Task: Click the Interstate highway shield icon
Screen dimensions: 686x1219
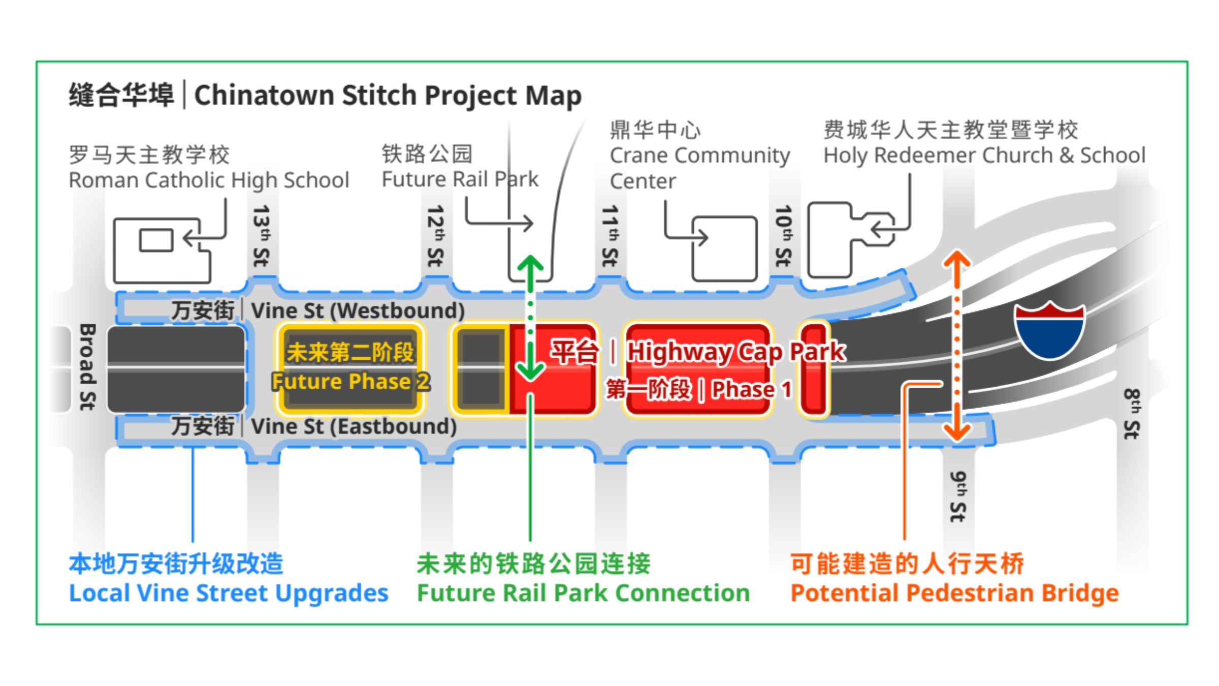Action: point(1049,330)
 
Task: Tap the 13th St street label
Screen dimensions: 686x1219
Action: point(262,236)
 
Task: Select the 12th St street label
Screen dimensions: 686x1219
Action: point(436,236)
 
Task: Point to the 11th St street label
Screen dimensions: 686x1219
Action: point(609,236)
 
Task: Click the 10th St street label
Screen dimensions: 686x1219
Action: point(784,236)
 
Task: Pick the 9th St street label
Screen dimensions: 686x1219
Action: point(958,496)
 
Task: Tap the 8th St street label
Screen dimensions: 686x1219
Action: point(1132,414)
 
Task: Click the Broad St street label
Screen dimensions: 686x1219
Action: point(87,366)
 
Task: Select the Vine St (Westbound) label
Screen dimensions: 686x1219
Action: point(358,310)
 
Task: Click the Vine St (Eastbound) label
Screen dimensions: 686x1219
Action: point(354,426)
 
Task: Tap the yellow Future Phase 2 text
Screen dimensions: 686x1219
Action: point(350,382)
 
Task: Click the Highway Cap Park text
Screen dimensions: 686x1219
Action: point(736,352)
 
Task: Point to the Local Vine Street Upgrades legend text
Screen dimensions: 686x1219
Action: point(229,593)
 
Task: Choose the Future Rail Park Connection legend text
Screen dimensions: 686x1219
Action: point(583,593)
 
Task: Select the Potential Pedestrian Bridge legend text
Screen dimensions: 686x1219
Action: point(954,593)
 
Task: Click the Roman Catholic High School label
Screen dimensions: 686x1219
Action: point(209,180)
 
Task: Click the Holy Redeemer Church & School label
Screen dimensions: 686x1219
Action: point(984,155)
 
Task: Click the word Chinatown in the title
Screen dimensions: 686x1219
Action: point(264,95)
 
